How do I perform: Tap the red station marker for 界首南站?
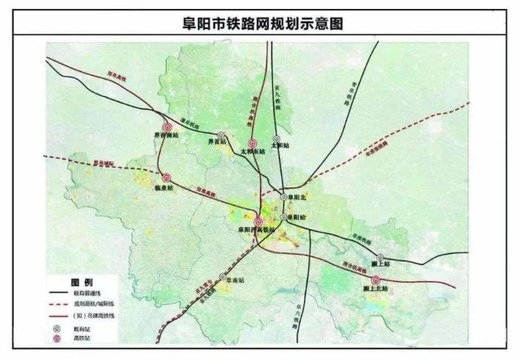[x=167, y=127]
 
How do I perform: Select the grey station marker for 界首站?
[x=221, y=135]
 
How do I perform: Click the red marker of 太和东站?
[x=252, y=142]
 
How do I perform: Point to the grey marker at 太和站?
[x=276, y=139]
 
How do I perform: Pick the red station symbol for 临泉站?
[x=166, y=178]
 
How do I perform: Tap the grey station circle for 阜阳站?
[x=284, y=217]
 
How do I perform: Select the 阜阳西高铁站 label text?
[x=256, y=231]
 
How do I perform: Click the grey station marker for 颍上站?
[x=380, y=256]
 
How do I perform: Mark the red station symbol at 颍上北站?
[x=375, y=280]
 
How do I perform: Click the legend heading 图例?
[x=81, y=284]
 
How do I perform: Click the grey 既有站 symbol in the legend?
[x=57, y=327]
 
